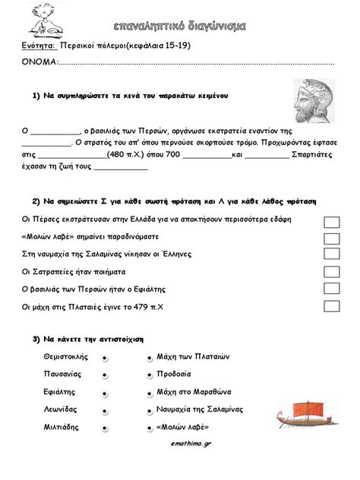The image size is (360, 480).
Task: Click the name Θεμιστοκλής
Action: pyautogui.click(x=67, y=356)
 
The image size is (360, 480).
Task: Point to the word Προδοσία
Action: pyautogui.click(x=175, y=374)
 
